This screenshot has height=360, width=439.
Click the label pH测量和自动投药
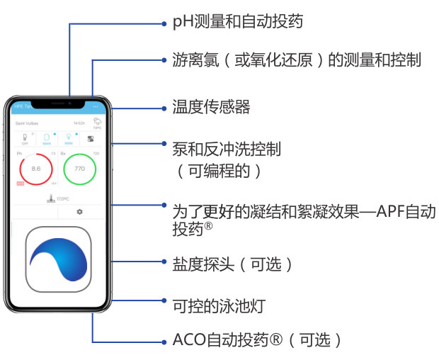pos(238,22)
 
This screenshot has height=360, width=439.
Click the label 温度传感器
pos(212,107)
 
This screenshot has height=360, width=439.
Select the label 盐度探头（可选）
pos(233,264)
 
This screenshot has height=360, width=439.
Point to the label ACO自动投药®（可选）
pos(258,339)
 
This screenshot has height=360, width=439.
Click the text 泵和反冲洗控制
pos(227,149)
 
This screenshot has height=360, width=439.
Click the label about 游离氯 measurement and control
pos(297,60)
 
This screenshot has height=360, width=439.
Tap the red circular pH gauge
pos(37,169)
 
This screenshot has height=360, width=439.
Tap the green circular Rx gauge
pos(79,169)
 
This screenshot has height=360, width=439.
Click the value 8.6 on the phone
pos(37,169)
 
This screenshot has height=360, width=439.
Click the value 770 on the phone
pos(79,169)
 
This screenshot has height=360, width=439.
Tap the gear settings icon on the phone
pos(79,211)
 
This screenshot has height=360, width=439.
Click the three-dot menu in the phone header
pos(96,106)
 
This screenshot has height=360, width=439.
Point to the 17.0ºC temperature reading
pos(62,198)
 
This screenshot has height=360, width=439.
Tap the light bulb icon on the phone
pos(69,136)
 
